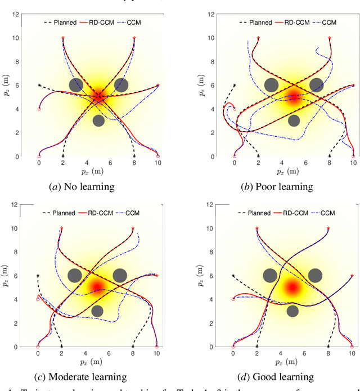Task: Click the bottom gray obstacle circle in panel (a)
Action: coord(98,120)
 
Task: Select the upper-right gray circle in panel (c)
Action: coord(119,276)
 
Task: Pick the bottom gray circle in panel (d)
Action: coord(292,311)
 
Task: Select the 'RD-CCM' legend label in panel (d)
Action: coord(294,213)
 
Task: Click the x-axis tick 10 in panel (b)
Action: coord(353,163)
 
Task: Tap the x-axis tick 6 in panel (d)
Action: coord(304,353)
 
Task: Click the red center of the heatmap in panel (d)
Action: coord(292,287)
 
